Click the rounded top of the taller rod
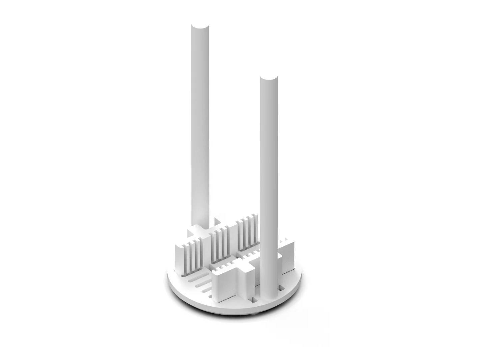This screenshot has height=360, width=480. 200,26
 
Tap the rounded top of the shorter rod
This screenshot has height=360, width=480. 269,78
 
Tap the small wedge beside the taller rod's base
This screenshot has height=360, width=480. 218,221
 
